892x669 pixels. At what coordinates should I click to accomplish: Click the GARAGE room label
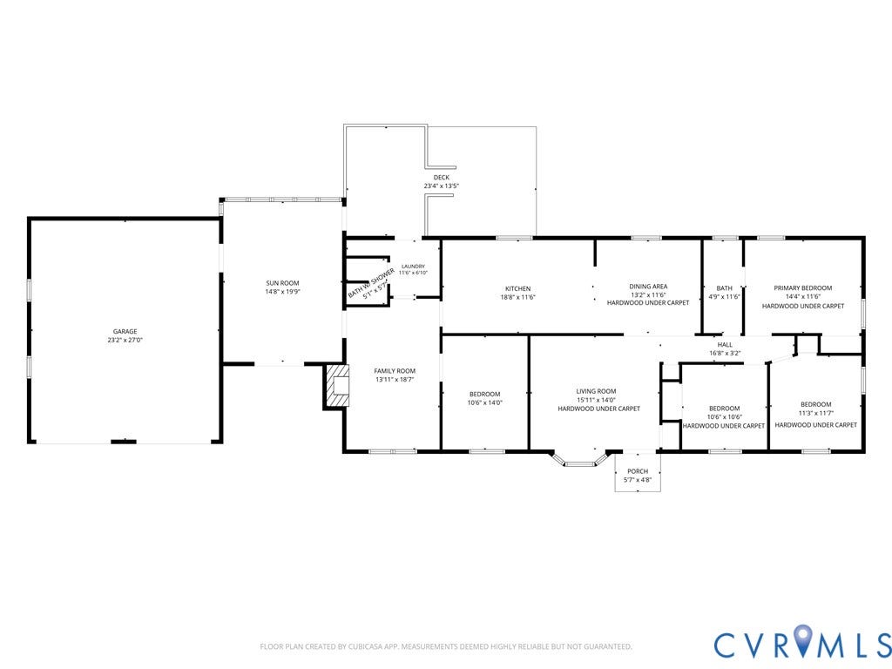click(x=125, y=331)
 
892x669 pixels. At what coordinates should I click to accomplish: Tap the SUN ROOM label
click(x=282, y=283)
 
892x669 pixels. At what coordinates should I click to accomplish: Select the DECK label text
click(x=441, y=178)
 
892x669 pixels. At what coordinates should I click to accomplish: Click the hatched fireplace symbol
click(x=336, y=386)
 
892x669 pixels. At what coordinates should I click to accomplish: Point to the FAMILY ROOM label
click(x=395, y=371)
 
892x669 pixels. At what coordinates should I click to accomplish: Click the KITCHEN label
click(x=517, y=289)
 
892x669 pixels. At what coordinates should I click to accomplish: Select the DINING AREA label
click(x=648, y=287)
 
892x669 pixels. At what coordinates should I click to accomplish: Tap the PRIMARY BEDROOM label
click(x=802, y=288)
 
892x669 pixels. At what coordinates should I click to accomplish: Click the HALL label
click(x=725, y=345)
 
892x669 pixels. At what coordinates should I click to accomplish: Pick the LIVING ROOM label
click(x=596, y=391)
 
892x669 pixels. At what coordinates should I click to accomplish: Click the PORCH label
click(x=638, y=471)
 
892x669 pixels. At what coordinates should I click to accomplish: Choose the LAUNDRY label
click(x=413, y=267)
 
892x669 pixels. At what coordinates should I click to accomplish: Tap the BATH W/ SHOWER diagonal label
click(x=371, y=283)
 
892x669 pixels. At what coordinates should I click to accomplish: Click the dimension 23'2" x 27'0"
click(x=125, y=341)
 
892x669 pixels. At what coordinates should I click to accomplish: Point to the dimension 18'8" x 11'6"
click(x=517, y=298)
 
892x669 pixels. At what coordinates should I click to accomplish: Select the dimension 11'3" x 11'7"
click(x=815, y=413)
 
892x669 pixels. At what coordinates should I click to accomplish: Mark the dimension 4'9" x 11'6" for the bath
click(x=724, y=297)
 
